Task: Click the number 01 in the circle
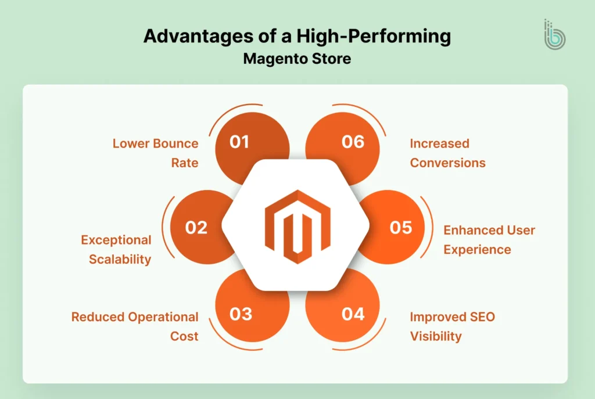click(x=239, y=142)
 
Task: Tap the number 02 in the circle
click(x=196, y=228)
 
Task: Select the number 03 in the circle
click(x=241, y=314)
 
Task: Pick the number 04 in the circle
click(x=353, y=314)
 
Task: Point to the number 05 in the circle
click(x=401, y=228)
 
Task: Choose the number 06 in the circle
click(x=353, y=142)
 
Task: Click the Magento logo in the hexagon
click(x=297, y=226)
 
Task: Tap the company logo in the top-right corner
click(x=555, y=35)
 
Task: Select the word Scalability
click(x=120, y=259)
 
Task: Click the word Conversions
click(x=447, y=163)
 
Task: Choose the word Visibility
click(x=435, y=336)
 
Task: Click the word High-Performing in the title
click(x=372, y=37)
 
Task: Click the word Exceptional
click(x=116, y=240)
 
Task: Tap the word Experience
click(x=477, y=250)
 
